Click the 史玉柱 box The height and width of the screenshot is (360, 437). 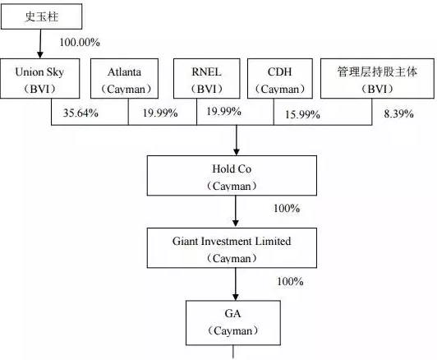point(42,16)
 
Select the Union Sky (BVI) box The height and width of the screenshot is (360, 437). point(40,78)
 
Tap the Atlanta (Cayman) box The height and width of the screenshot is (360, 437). point(124,78)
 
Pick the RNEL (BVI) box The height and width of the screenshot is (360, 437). point(206,78)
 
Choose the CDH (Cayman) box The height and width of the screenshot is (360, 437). point(280,78)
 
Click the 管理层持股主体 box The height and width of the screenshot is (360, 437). point(377,78)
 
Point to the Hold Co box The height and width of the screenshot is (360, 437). point(232,175)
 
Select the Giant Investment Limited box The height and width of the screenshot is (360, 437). point(232,248)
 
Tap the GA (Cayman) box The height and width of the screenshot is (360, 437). point(233,323)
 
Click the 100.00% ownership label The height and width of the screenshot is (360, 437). point(80,43)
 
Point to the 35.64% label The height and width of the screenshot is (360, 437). point(80,113)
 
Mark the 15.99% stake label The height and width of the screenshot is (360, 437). point(302,114)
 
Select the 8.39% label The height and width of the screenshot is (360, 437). point(399,113)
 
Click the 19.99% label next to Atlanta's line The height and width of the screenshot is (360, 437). point(160,113)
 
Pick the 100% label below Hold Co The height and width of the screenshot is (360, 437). point(287,208)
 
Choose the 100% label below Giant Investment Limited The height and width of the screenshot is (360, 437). point(290,281)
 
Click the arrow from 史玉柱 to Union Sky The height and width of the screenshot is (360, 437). point(40,44)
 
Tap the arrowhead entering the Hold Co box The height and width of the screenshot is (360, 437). point(237,152)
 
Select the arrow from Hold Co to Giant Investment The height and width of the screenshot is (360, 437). point(236,211)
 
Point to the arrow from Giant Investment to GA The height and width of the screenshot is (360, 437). point(236,284)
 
